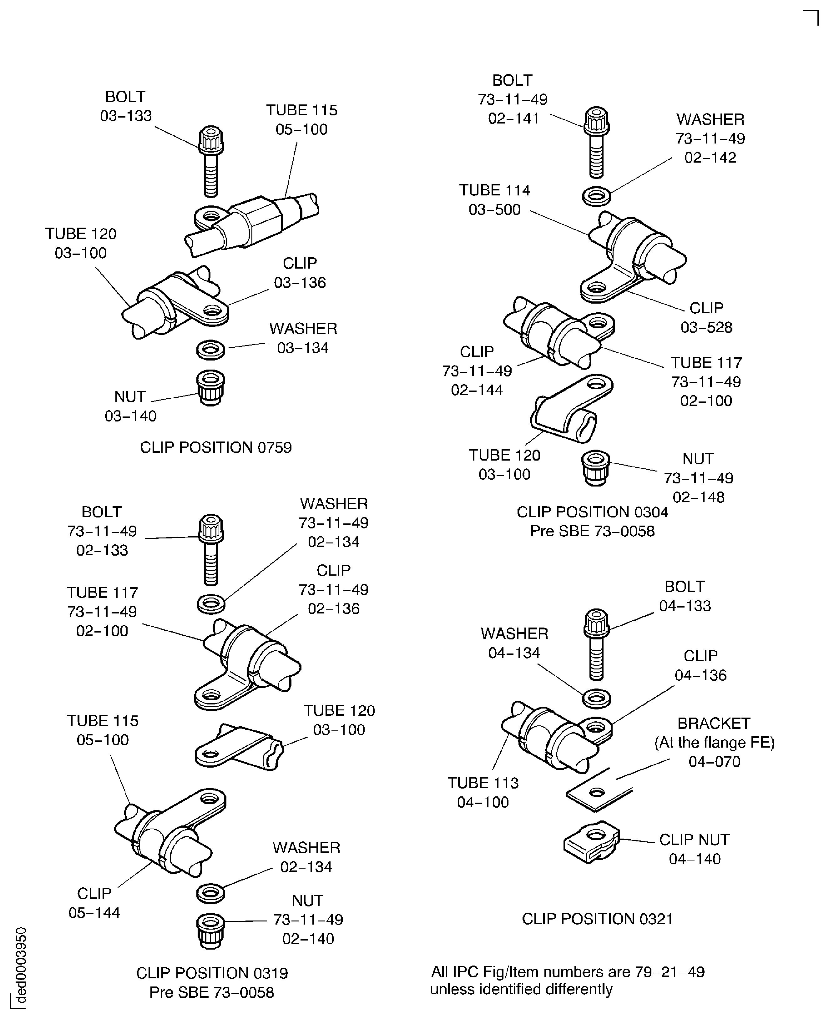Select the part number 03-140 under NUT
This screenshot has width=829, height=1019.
tap(130, 416)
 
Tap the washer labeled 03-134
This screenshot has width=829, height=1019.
tap(210, 350)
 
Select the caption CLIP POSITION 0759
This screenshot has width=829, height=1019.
tap(216, 447)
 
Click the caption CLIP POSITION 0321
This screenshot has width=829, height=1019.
tap(597, 919)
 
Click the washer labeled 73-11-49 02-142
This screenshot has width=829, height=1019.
tap(596, 196)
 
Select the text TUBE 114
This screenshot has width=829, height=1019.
tap(494, 190)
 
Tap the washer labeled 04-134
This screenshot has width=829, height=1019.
tap(596, 699)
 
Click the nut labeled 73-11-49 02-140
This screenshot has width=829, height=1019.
tap(210, 930)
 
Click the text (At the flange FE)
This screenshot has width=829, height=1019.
tap(714, 743)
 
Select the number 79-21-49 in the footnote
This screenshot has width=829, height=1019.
tap(670, 972)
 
